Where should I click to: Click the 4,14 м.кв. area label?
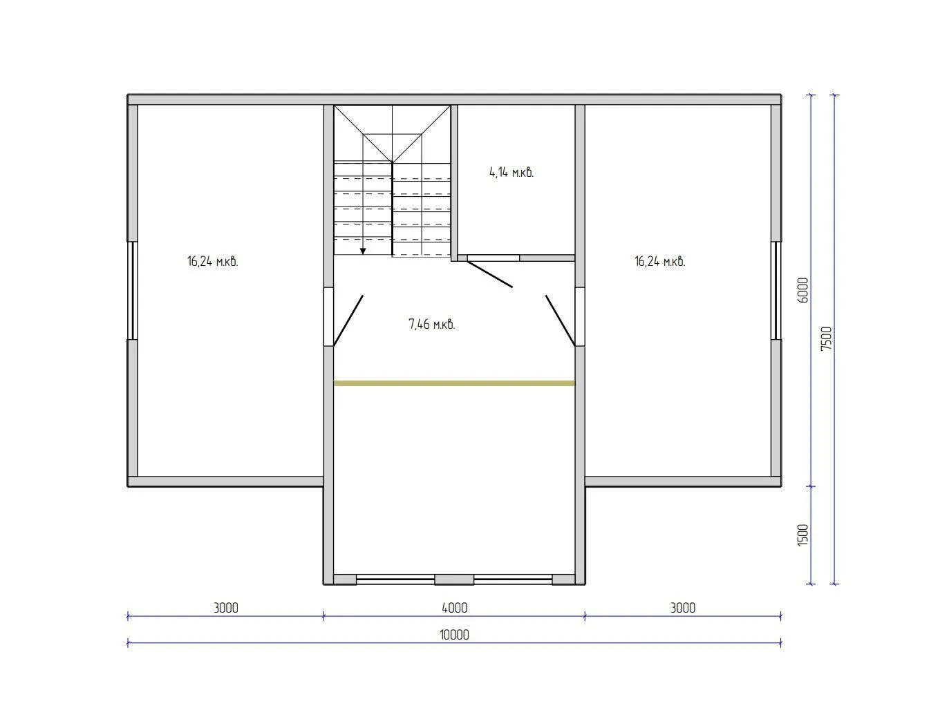pyautogui.click(x=511, y=173)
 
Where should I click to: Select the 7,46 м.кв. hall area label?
pyautogui.click(x=431, y=324)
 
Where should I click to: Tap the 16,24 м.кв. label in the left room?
pyautogui.click(x=212, y=261)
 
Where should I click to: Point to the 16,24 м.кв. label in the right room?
pyautogui.click(x=660, y=261)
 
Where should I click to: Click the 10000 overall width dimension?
pyautogui.click(x=454, y=635)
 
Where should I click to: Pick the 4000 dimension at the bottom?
pyautogui.click(x=454, y=608)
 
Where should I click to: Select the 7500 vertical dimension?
pyautogui.click(x=826, y=338)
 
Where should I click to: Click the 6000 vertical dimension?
pyautogui.click(x=802, y=290)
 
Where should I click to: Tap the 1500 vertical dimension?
pyautogui.click(x=802, y=535)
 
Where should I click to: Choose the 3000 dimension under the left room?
pyautogui.click(x=226, y=608)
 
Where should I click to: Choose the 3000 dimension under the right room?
pyautogui.click(x=683, y=608)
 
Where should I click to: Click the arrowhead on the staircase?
pyautogui.click(x=363, y=251)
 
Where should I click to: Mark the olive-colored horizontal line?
pyautogui.click(x=454, y=383)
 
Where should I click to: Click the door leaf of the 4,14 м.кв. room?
pyautogui.click(x=490, y=274)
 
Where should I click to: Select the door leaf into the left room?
pyautogui.click(x=348, y=321)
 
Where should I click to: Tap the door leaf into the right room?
pyautogui.click(x=561, y=321)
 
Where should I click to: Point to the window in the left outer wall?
pyautogui.click(x=133, y=290)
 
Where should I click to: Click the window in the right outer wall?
pyautogui.click(x=776, y=290)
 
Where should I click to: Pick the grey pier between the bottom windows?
pyautogui.click(x=454, y=579)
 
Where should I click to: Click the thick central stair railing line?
pyautogui.click(x=392, y=209)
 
